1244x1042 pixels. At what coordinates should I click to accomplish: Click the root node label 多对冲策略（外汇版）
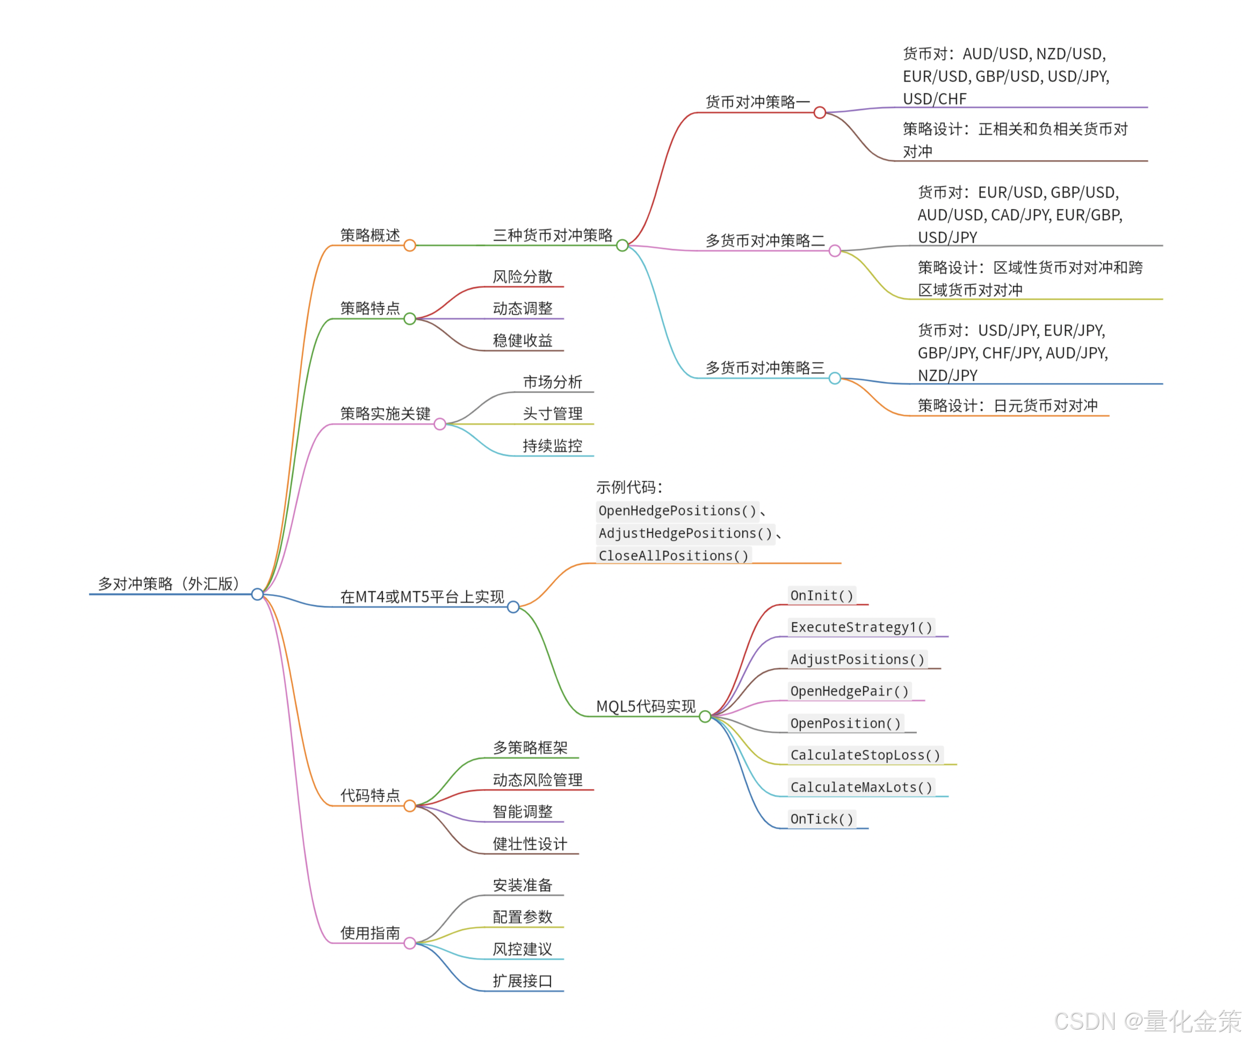(169, 584)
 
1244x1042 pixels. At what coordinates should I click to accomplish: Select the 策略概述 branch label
(370, 236)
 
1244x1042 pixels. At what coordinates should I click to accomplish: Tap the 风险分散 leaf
(523, 277)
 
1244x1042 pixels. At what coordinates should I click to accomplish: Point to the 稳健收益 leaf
(523, 341)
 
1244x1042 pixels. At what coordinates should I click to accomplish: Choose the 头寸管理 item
(553, 414)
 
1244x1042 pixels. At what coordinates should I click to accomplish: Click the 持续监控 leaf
(553, 446)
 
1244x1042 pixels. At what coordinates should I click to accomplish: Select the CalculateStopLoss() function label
(865, 755)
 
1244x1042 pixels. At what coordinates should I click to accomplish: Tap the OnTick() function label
(822, 819)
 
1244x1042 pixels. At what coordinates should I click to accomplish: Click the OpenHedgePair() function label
(849, 691)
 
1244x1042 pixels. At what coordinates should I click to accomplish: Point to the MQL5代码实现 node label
(646, 707)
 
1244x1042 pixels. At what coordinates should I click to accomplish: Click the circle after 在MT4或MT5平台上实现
(513, 607)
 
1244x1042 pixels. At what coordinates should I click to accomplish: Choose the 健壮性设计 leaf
(530, 844)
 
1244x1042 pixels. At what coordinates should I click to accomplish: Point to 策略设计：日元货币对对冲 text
(1008, 406)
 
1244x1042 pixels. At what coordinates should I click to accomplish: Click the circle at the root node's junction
(257, 594)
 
